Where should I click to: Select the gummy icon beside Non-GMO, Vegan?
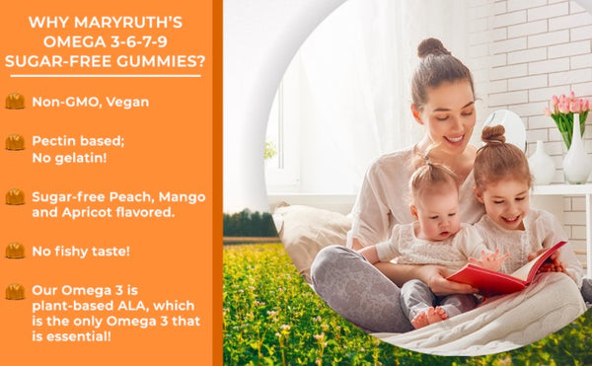[x=15, y=101]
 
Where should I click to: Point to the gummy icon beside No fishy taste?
[x=15, y=251]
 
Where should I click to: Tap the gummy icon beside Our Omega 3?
[x=15, y=292]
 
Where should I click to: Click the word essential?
[x=83, y=336]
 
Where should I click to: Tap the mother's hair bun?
[x=432, y=48]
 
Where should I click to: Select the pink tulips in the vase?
[x=572, y=108]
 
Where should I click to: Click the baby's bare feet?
[x=428, y=316]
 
